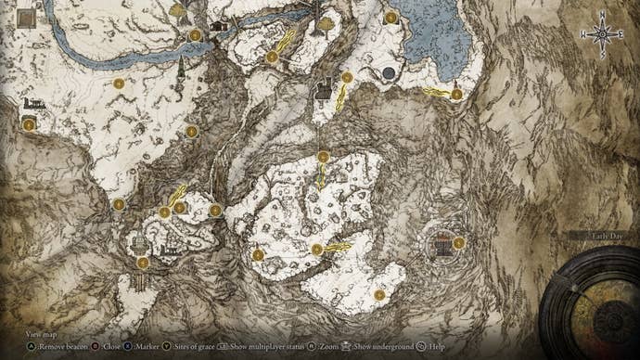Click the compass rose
coord(602,33)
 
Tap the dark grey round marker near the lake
coord(389,73)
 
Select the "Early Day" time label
coord(599,237)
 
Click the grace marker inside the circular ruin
coord(458,243)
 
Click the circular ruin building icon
coord(442,245)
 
